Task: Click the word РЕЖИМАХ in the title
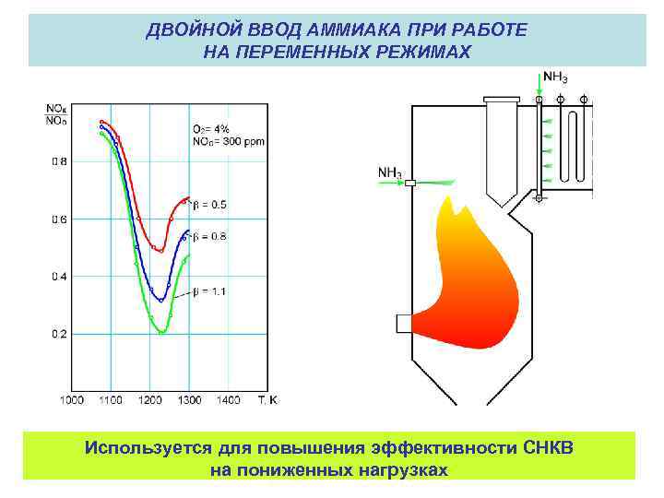(x=414, y=52)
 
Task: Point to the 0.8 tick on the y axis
(x=58, y=162)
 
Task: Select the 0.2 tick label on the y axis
(x=58, y=334)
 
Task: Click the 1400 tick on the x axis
(x=229, y=399)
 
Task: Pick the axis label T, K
(x=267, y=399)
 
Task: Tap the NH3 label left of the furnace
(x=388, y=172)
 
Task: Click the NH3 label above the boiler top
(x=552, y=77)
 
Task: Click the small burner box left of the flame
(x=403, y=324)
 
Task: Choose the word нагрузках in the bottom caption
(x=402, y=470)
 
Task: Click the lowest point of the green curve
(x=162, y=331)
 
